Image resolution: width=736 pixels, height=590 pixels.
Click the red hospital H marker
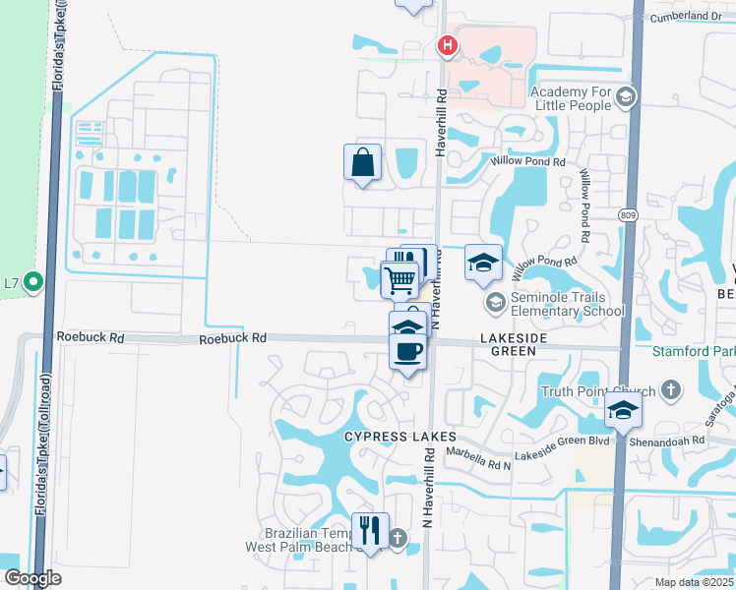448,44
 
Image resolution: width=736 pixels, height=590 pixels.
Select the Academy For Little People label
583,98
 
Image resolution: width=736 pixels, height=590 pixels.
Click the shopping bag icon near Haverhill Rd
362,162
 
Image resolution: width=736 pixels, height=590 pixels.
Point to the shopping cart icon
399,279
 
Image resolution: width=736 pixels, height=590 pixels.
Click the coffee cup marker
407,350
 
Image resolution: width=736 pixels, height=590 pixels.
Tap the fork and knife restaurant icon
370,531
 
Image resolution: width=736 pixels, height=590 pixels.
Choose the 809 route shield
627,214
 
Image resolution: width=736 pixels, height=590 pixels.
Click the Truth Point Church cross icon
670,391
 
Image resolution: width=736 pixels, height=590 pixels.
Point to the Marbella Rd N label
479,454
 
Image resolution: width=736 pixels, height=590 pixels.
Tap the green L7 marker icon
32,283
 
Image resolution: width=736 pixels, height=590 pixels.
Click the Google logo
32,578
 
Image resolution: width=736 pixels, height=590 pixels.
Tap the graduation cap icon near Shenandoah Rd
622,410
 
